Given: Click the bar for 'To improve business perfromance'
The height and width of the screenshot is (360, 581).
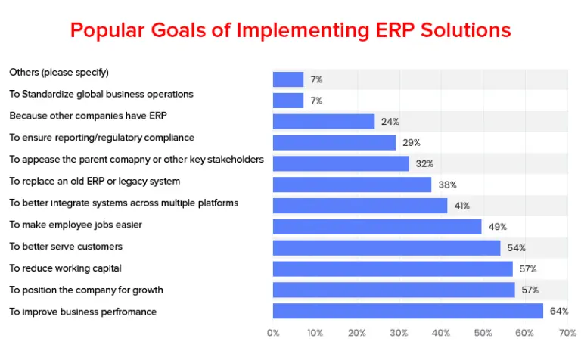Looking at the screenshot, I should pos(408,311).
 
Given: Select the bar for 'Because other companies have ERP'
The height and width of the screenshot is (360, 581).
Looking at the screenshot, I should pos(324,122).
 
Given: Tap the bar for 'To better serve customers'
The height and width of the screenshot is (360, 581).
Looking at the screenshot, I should pos(387,248).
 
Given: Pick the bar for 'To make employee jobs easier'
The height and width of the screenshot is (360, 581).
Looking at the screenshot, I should pos(377,227).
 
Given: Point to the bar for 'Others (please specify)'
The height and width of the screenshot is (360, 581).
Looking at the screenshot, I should pos(288,79).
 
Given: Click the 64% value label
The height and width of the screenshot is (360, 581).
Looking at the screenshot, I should pos(559,311).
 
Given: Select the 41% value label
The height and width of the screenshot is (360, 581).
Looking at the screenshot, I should pos(461,206).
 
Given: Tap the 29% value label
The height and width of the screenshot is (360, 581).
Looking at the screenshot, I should pos(412,143).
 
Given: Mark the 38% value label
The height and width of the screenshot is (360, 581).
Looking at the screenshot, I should pos(447,185).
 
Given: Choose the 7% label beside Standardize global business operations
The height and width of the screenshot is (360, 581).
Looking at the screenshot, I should pos(316,101).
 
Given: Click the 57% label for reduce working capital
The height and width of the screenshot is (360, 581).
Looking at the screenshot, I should pos(528,268).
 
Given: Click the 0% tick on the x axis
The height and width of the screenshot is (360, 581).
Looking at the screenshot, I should pos(273,333).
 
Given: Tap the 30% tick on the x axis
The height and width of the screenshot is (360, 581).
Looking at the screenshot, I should pos(399,333).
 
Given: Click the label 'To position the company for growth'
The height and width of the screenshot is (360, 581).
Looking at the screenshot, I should pos(86,290).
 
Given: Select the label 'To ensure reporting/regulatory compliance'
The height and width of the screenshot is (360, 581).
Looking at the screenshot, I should pos(101,138).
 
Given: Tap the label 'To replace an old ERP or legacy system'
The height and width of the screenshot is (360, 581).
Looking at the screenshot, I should pos(95,182).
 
